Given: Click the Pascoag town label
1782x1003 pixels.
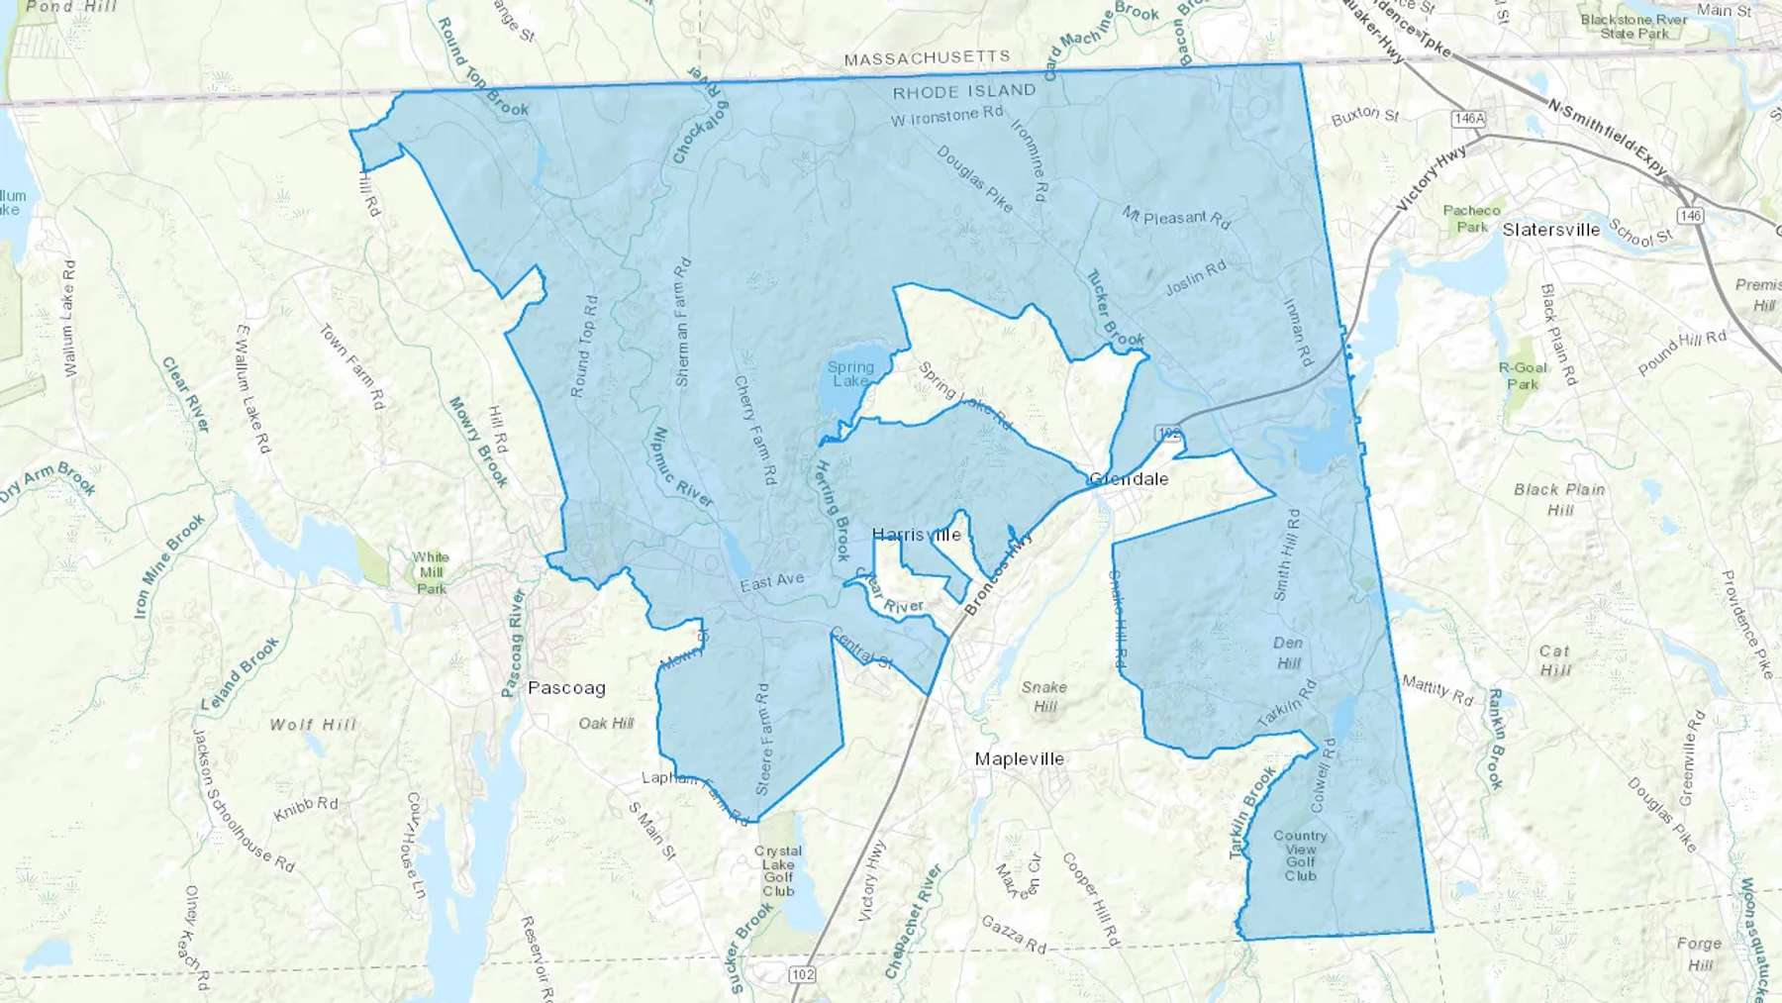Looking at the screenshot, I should click(x=566, y=688).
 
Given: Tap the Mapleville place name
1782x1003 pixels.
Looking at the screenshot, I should click(x=1020, y=759).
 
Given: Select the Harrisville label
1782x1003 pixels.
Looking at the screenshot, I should click(x=917, y=535).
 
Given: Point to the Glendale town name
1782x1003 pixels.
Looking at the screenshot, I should click(x=1129, y=479).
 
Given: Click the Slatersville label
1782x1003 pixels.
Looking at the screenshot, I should click(x=1550, y=230).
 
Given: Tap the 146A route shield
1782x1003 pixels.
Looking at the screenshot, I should click(x=1469, y=119).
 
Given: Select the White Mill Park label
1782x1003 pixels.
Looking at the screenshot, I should click(x=431, y=572).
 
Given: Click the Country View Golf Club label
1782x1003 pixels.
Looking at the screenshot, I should click(x=1300, y=855).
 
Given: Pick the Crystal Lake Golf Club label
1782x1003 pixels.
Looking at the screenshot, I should click(x=778, y=870).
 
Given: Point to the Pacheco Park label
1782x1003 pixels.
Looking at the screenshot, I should click(x=1471, y=218).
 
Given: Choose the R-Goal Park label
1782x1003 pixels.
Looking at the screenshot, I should click(x=1523, y=375).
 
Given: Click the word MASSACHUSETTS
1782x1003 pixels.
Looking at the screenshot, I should click(x=927, y=59).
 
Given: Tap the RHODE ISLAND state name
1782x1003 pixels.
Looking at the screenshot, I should click(x=964, y=92).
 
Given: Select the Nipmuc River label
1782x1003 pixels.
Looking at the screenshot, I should click(x=684, y=467).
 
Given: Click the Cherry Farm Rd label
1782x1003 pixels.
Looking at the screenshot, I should click(x=754, y=430).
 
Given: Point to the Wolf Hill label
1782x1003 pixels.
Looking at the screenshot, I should click(x=313, y=725).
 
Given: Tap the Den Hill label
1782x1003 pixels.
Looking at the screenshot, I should click(x=1288, y=652).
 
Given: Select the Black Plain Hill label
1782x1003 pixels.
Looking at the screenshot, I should click(x=1559, y=499).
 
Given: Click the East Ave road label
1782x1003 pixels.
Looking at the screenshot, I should click(x=772, y=582).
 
